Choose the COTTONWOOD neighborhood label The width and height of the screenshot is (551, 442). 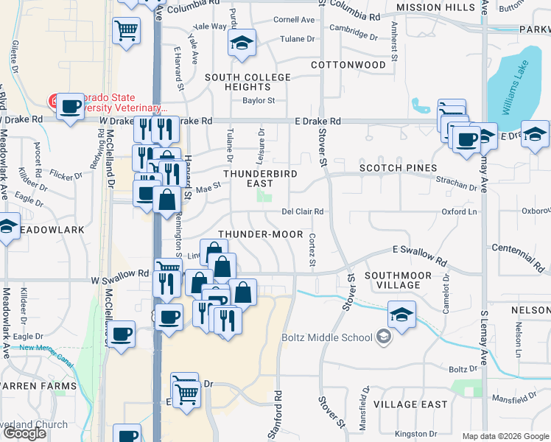coord(348,65)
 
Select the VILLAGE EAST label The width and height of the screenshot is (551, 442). coord(410,404)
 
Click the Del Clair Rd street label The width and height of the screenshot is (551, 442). coord(303,212)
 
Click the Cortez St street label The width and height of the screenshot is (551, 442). coord(312,250)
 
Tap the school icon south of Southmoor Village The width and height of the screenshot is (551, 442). coord(401,315)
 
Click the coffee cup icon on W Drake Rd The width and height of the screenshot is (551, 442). coord(70,105)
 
